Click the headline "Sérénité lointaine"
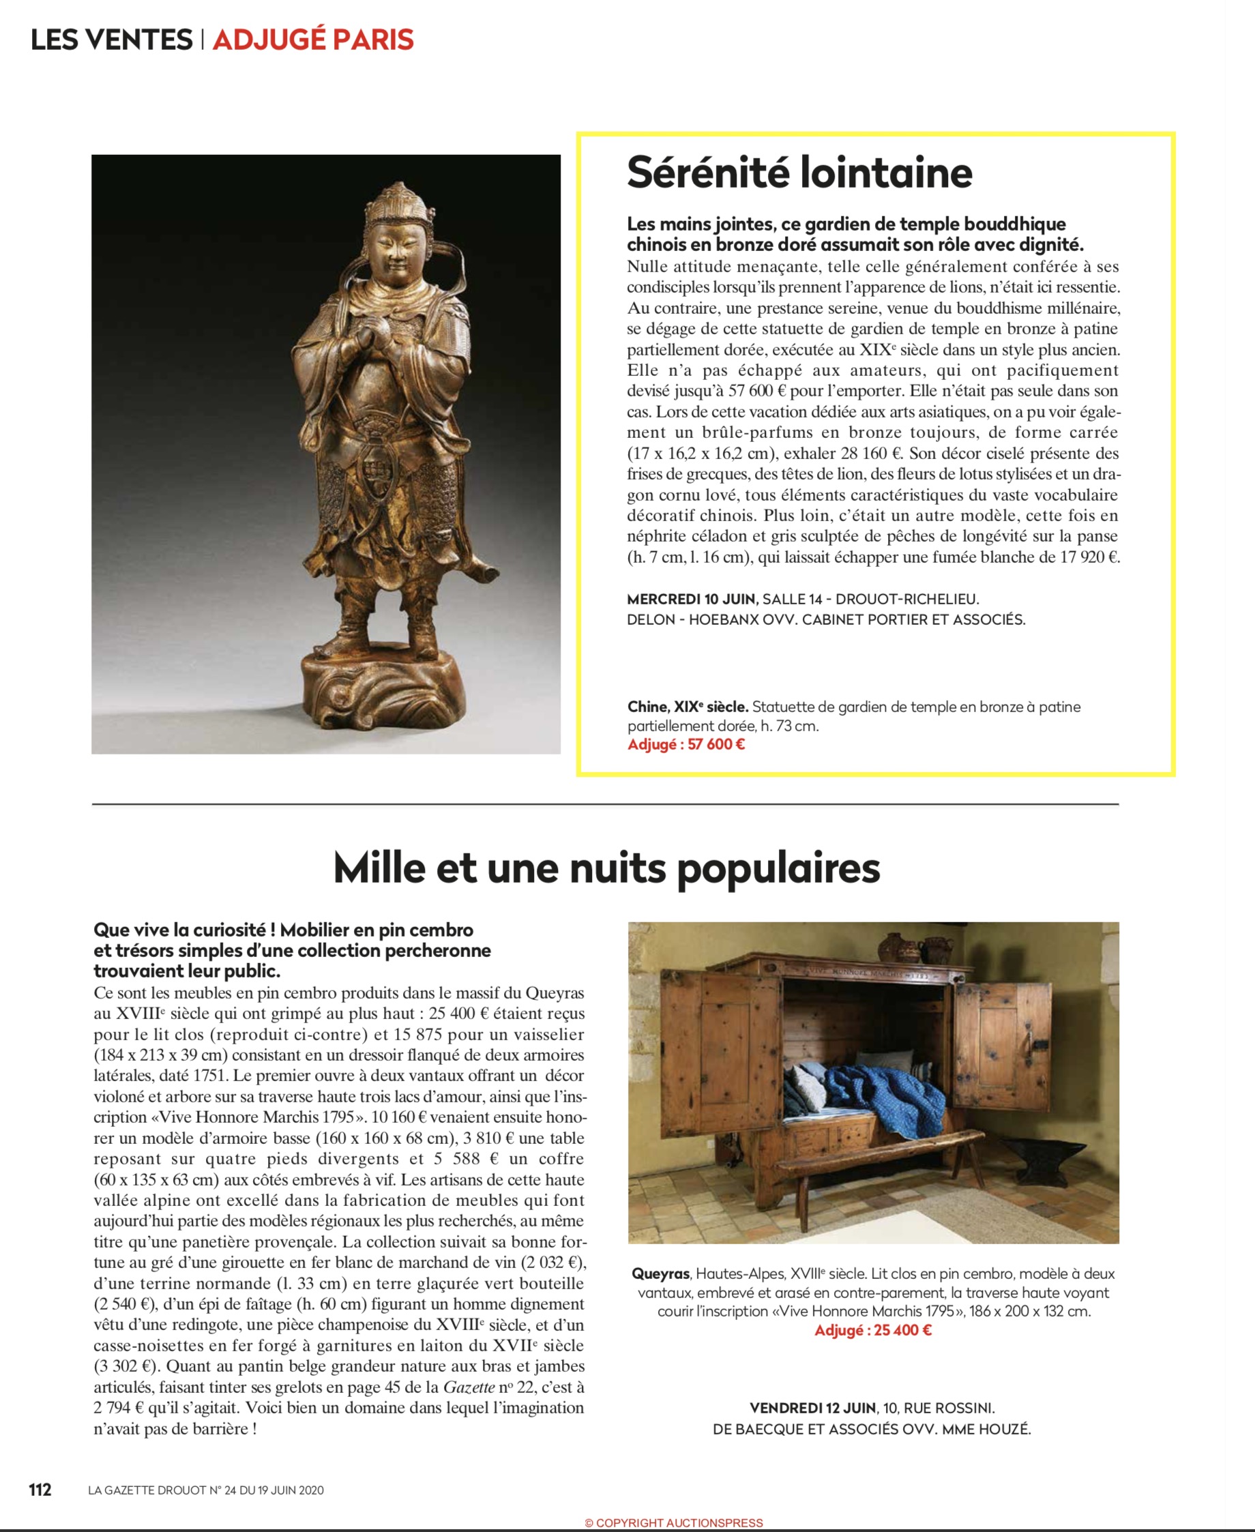(x=799, y=173)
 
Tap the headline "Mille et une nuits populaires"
(x=606, y=868)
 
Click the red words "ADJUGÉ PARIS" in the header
(x=312, y=40)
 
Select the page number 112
(x=40, y=1489)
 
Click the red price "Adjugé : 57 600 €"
(x=685, y=745)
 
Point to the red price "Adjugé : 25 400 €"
(x=872, y=1330)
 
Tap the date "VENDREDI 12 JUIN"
(x=812, y=1409)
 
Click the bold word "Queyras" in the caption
(x=661, y=1274)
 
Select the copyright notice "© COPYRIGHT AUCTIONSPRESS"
(x=674, y=1522)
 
